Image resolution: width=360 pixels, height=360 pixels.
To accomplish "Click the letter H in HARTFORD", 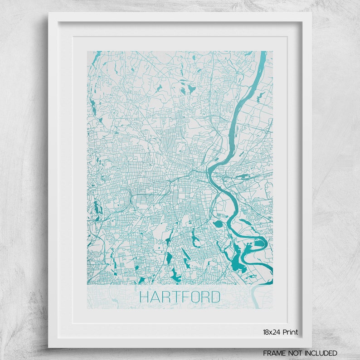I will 145,297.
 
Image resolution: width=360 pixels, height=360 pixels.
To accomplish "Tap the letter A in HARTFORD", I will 155,297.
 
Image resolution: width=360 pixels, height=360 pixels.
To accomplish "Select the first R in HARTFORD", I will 165,297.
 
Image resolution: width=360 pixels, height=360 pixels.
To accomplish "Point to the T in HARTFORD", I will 175,297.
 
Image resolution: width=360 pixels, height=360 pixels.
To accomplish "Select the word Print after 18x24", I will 291,332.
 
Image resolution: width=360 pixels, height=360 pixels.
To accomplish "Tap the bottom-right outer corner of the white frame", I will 311,347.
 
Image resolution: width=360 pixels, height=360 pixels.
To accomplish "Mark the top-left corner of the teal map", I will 88,51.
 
